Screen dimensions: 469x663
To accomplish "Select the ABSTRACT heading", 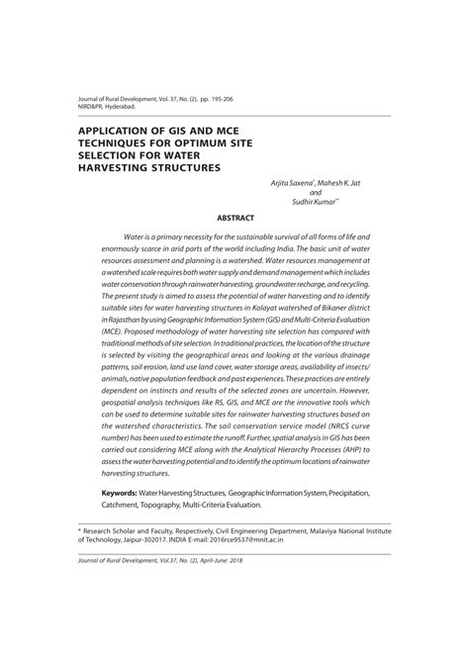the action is point(234,218).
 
